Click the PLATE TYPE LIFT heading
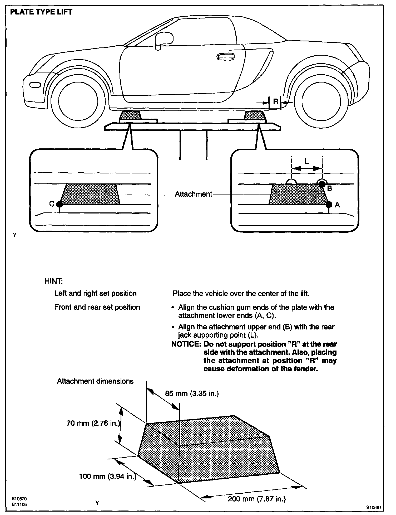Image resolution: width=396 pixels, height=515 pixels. pyautogui.click(x=41, y=12)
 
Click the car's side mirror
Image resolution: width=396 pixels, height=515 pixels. pyautogui.click(x=164, y=40)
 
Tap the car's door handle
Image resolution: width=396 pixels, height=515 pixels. pyautogui.click(x=225, y=57)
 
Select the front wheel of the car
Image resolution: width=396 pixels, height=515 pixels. pyautogui.click(x=78, y=101)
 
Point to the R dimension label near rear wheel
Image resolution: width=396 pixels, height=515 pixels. pyautogui.click(x=275, y=101)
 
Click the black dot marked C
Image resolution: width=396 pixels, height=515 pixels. pyautogui.click(x=60, y=204)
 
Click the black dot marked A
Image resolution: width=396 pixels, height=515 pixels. pyautogui.click(x=329, y=204)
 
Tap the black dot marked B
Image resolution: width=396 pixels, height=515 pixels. pyautogui.click(x=322, y=184)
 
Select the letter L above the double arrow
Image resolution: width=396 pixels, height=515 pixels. pyautogui.click(x=307, y=161)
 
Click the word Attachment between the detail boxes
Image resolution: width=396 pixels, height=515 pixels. pyautogui.click(x=194, y=194)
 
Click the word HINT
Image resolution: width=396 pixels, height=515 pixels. pyautogui.click(x=53, y=281)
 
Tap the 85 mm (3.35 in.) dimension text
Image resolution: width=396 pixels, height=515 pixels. pyautogui.click(x=192, y=393)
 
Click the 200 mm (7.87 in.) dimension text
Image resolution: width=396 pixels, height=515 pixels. pyautogui.click(x=257, y=499)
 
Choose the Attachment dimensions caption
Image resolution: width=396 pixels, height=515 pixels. pyautogui.click(x=95, y=381)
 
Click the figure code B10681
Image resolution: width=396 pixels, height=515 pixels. pyautogui.click(x=374, y=507)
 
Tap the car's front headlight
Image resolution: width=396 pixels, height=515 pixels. pyautogui.click(x=35, y=85)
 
